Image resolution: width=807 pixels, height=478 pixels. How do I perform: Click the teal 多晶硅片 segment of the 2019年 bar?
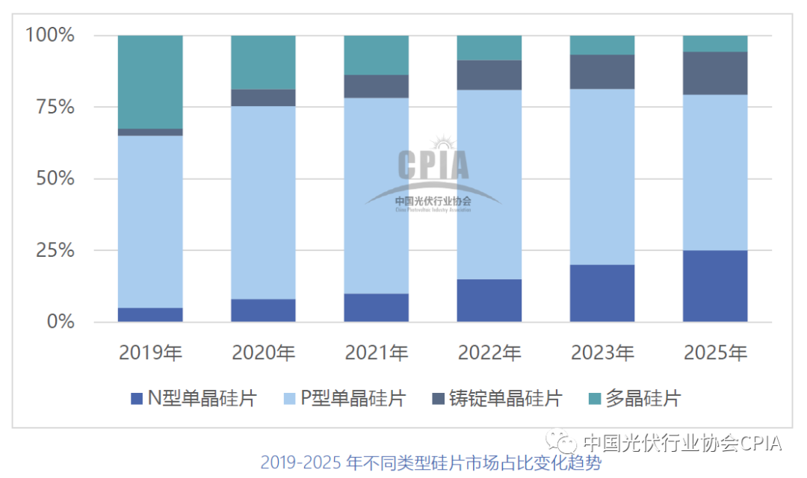(x=150, y=81)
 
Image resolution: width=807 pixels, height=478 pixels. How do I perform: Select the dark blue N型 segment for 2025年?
(x=715, y=286)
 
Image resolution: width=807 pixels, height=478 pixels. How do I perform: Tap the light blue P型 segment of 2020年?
(x=263, y=202)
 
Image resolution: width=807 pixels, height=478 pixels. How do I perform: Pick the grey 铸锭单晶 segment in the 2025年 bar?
(x=715, y=73)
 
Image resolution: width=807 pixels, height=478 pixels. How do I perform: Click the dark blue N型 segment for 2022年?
(x=489, y=300)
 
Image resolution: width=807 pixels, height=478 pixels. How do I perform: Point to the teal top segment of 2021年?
(x=377, y=55)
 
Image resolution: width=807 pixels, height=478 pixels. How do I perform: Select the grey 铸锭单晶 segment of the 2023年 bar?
(x=602, y=72)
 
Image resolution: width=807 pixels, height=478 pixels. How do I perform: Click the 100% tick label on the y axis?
(x=51, y=35)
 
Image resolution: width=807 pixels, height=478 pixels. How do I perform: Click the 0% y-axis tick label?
(x=61, y=322)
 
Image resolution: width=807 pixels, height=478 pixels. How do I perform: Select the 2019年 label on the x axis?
(x=150, y=353)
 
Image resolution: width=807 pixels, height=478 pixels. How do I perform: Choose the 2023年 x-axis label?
(x=602, y=353)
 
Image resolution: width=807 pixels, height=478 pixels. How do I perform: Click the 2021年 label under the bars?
(x=377, y=353)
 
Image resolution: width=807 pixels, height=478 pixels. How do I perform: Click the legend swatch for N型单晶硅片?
(x=136, y=399)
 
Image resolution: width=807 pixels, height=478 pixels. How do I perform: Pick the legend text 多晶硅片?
(x=643, y=399)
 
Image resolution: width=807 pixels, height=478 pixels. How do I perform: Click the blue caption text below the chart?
(x=430, y=463)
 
